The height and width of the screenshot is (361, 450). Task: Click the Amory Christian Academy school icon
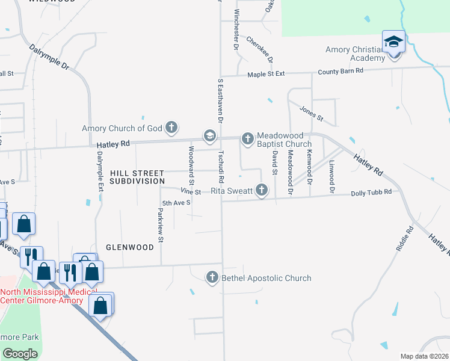[393, 42]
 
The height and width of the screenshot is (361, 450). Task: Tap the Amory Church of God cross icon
[171, 128]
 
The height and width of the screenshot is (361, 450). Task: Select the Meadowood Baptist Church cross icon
[247, 139]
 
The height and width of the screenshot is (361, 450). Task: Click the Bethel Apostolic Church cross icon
[212, 277]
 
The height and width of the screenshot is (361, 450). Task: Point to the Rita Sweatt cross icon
[261, 191]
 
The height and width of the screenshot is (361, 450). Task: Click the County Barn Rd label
[341, 70]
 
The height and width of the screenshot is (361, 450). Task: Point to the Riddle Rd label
[406, 238]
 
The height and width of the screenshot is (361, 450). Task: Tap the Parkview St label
[161, 226]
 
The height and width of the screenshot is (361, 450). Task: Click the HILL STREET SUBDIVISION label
[137, 176]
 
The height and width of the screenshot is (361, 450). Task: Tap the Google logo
[20, 353]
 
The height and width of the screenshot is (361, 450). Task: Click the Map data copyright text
[424, 356]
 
